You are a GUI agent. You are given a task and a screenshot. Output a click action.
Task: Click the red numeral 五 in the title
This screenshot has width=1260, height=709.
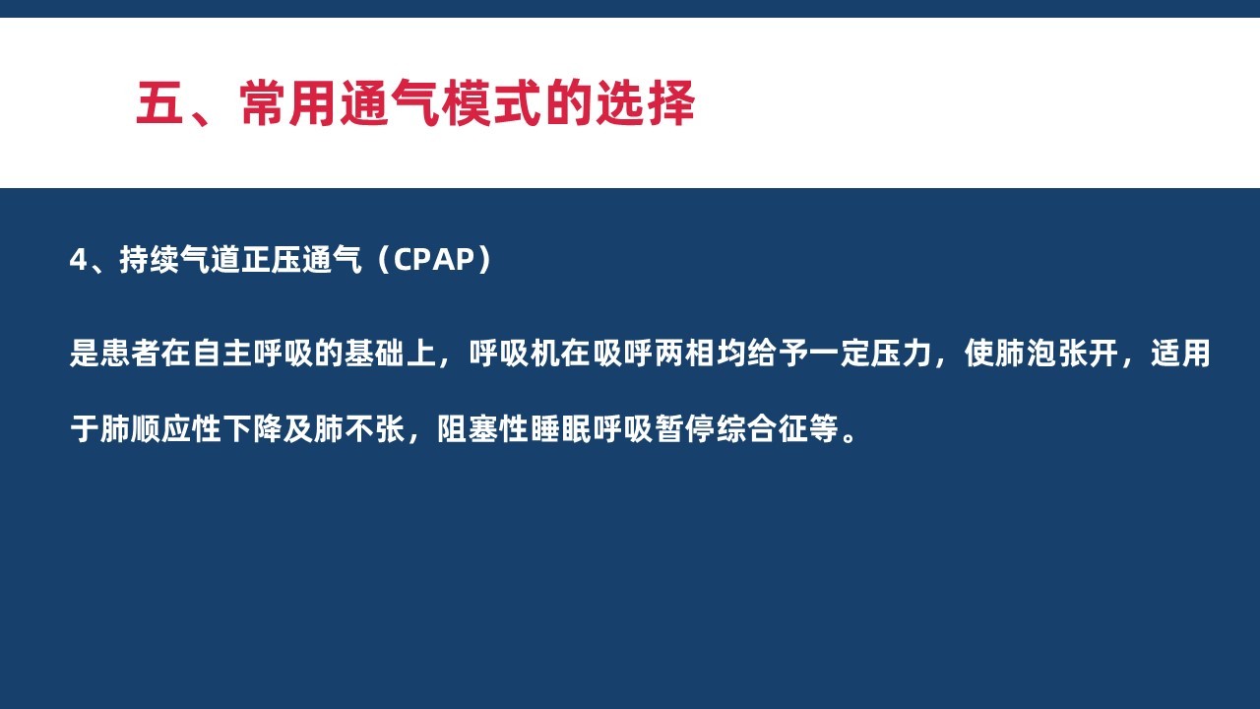point(159,103)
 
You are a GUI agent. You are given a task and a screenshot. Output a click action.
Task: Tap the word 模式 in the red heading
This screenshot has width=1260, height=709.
point(491,103)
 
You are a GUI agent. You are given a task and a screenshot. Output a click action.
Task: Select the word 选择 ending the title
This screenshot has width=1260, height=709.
point(645,103)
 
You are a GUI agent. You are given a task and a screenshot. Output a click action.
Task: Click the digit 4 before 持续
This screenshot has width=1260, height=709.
point(78,260)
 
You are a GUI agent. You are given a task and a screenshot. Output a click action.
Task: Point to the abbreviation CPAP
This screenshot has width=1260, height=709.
point(434,260)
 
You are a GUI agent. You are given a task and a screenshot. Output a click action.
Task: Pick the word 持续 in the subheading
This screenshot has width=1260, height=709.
point(149,260)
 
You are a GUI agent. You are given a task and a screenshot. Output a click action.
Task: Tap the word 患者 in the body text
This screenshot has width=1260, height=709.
point(130,354)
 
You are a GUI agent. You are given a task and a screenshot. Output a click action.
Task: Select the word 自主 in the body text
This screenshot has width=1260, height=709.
point(221,354)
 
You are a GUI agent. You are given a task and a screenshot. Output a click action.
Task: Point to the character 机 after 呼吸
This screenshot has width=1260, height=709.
point(544,354)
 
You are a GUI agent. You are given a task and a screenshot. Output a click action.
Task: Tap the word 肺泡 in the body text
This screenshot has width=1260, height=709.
point(1011,354)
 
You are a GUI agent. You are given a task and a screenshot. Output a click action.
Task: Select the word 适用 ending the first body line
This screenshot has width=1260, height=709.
point(1180,354)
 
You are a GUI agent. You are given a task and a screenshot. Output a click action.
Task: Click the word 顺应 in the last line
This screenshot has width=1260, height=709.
point(160,429)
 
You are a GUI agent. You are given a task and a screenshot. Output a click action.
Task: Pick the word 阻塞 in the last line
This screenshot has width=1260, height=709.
point(468,429)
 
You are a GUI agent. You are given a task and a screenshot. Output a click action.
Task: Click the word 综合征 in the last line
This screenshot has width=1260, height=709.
point(762,429)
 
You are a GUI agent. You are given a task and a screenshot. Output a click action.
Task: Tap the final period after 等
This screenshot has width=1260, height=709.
point(849,436)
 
